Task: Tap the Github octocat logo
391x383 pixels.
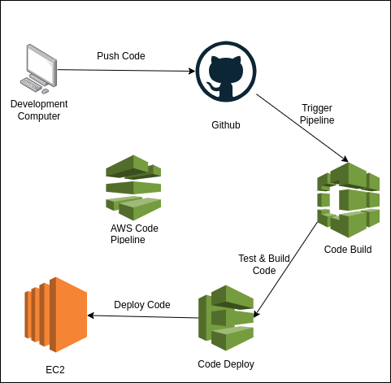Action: [225, 71]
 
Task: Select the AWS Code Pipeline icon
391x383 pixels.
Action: [133, 187]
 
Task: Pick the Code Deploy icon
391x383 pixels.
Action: [227, 314]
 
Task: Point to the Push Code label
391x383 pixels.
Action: [121, 56]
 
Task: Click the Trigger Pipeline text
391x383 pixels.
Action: [317, 114]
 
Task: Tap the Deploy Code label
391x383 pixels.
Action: [142, 305]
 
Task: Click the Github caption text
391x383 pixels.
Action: [225, 125]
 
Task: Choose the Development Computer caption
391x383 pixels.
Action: [39, 110]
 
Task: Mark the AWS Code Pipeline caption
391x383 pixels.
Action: [134, 233]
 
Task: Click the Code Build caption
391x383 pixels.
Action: [347, 250]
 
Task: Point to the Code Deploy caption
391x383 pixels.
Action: [226, 364]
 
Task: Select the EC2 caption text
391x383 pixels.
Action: [55, 370]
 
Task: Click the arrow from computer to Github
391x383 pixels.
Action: [126, 70]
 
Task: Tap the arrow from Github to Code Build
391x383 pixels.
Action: [303, 128]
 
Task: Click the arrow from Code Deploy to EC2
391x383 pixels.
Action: [142, 316]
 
